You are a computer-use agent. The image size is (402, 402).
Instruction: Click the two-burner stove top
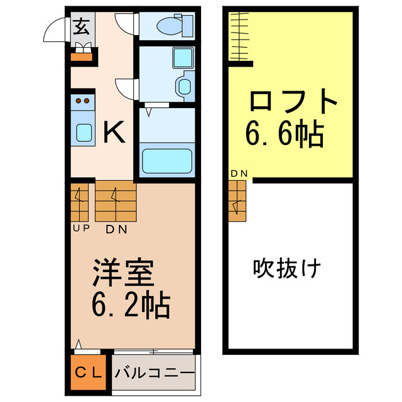82,100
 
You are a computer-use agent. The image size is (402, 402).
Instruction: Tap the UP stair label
80,229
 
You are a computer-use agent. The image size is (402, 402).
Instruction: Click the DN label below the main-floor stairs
116,229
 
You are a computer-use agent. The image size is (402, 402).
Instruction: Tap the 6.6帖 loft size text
285,134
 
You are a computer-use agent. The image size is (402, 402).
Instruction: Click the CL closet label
89,372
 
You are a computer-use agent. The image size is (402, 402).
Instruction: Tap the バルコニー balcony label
155,372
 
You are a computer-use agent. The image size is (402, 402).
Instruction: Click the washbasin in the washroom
184,86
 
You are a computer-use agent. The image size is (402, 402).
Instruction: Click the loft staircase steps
237,201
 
